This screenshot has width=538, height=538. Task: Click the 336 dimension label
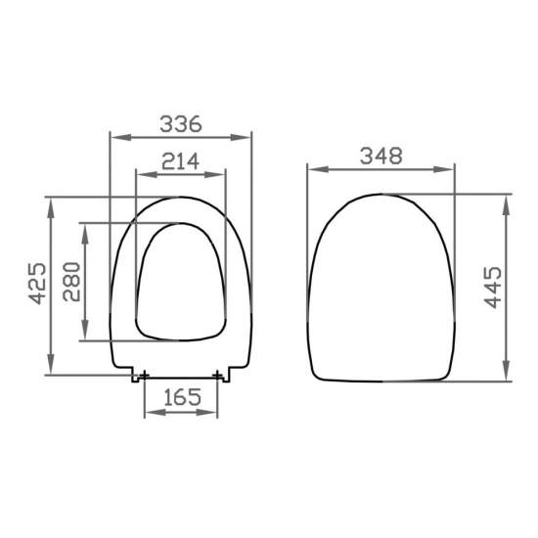click(x=181, y=124)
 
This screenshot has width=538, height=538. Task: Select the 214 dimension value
click(x=181, y=161)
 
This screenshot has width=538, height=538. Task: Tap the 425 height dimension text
click(x=37, y=284)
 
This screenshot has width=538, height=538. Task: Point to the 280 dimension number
click(x=71, y=282)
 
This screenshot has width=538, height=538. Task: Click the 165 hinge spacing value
click(x=182, y=397)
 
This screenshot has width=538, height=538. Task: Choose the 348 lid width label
click(x=381, y=156)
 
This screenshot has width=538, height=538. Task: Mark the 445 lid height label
click(x=493, y=288)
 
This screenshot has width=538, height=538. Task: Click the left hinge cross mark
click(x=145, y=376)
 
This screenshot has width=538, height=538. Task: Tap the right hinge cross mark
click(x=217, y=376)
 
